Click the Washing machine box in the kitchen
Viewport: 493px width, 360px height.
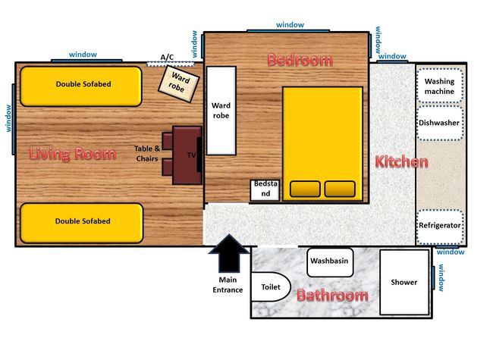(440, 85)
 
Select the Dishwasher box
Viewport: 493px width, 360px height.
(440, 123)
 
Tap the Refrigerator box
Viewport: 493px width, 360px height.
(440, 227)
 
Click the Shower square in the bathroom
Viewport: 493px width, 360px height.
(404, 282)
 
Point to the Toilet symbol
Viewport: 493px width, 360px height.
(271, 286)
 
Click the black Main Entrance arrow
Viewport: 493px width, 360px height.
(229, 253)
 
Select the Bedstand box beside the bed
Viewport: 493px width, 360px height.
(265, 190)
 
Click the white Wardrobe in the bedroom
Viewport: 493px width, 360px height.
(221, 111)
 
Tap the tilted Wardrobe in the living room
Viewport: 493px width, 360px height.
(178, 83)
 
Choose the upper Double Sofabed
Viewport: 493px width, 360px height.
(81, 86)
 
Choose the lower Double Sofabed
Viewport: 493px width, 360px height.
(82, 223)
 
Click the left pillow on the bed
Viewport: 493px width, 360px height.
(305, 189)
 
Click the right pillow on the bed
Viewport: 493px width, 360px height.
(340, 189)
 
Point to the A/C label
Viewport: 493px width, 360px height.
(167, 57)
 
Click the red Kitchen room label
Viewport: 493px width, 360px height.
(401, 161)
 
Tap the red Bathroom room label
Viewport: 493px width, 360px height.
(333, 296)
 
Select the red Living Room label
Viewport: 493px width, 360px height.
(73, 154)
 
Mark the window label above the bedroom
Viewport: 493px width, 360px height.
(290, 24)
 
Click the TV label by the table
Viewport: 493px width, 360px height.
(191, 155)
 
